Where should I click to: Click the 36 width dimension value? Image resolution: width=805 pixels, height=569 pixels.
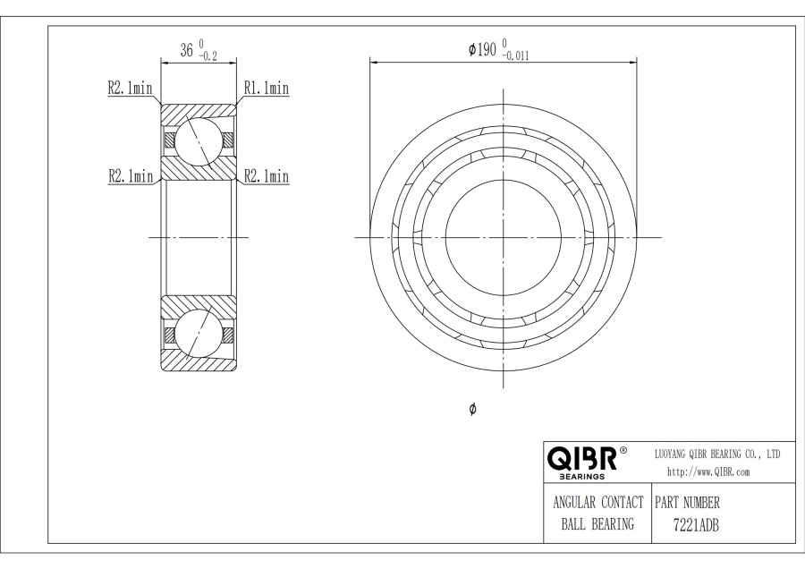[x=186, y=50]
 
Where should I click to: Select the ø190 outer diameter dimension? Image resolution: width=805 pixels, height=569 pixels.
[x=482, y=50]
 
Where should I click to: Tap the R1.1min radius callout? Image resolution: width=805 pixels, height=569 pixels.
[x=267, y=88]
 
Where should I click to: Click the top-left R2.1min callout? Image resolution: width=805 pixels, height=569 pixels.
[x=130, y=88]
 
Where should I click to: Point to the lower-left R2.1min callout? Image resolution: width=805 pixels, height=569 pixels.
[x=131, y=176]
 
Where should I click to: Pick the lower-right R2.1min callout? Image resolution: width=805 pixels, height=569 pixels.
[x=267, y=176]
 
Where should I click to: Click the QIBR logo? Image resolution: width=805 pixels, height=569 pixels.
[x=581, y=459]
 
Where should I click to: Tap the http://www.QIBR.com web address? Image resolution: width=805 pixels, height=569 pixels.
[x=708, y=472]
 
